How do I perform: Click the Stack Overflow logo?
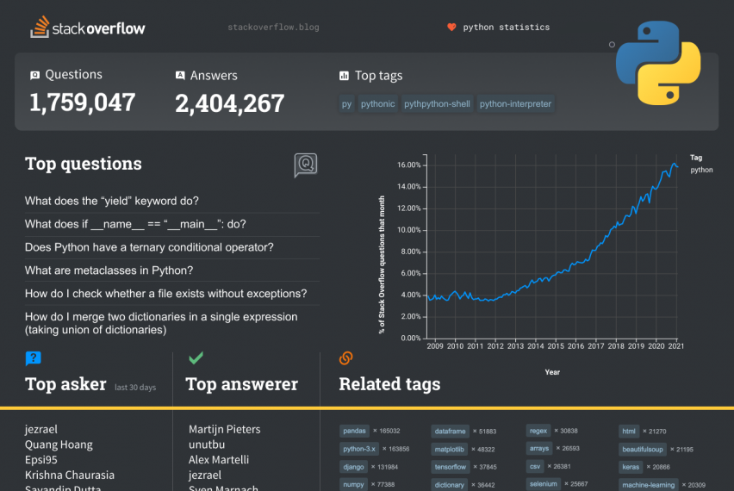click(88, 28)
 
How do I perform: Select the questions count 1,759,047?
click(83, 103)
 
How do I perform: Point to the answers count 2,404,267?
click(229, 103)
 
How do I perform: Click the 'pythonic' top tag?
click(377, 104)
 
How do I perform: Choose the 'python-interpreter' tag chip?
click(515, 104)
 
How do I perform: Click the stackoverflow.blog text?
click(273, 28)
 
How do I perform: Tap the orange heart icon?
click(451, 28)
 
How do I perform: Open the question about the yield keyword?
click(112, 201)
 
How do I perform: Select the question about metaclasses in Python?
click(109, 270)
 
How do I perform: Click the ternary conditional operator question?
click(149, 247)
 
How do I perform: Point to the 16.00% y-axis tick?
click(408, 165)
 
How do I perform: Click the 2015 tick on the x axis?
click(556, 346)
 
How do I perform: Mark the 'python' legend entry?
click(701, 170)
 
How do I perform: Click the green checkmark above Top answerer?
click(196, 357)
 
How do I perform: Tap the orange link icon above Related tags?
click(346, 357)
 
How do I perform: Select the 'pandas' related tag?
click(355, 431)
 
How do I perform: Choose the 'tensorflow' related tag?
click(451, 467)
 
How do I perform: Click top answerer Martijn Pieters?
click(224, 429)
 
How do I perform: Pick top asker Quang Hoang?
click(59, 444)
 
